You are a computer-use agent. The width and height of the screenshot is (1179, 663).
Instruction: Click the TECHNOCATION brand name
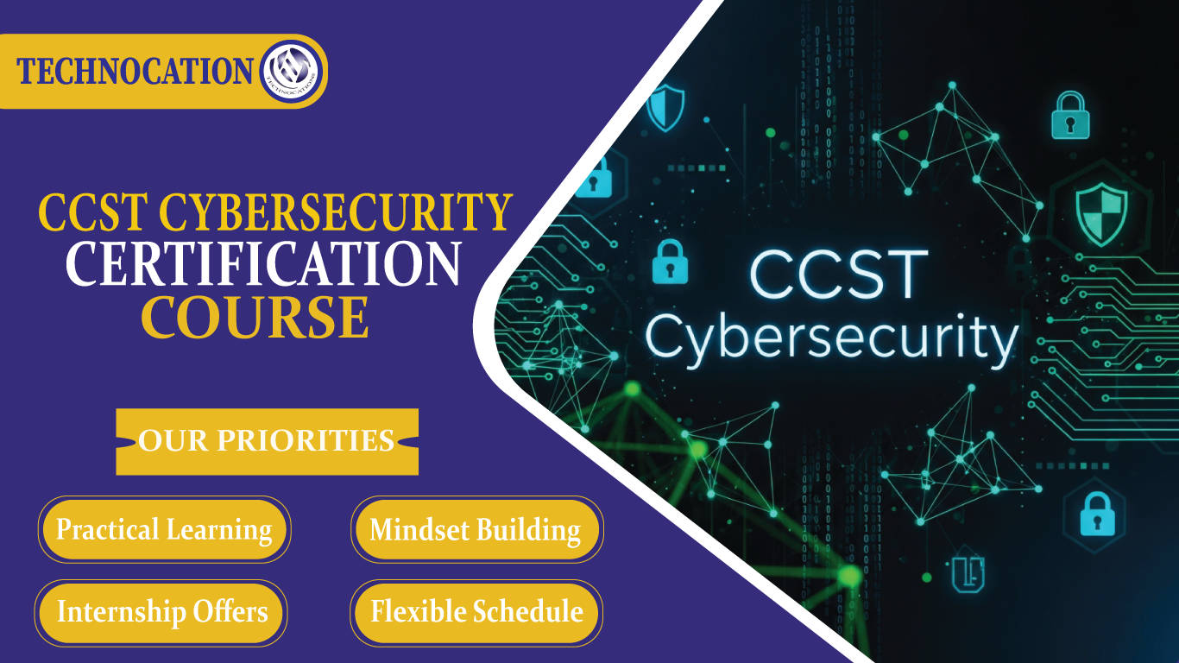(135, 72)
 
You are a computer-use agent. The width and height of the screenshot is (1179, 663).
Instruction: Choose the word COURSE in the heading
(255, 317)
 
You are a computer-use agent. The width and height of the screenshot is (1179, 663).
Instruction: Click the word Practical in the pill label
(108, 529)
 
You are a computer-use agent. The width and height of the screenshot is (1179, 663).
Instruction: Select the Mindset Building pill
(476, 529)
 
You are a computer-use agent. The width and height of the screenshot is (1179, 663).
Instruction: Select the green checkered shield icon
(1101, 216)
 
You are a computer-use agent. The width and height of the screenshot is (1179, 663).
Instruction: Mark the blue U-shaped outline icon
(968, 572)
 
